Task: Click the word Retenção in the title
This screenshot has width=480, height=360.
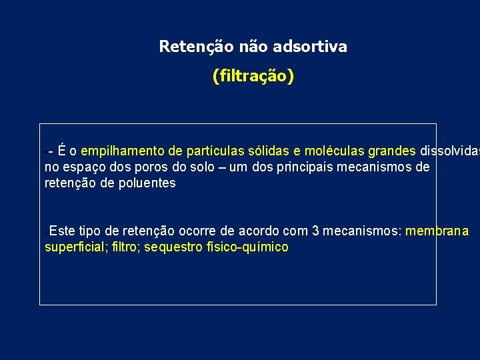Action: coord(187,47)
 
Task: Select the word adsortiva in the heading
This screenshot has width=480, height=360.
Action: coord(317,47)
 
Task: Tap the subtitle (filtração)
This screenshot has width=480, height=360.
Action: coord(253,77)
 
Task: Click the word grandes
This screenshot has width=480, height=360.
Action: coord(392,151)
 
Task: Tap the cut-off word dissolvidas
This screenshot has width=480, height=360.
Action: coord(449,151)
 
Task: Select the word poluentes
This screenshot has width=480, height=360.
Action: coord(147,183)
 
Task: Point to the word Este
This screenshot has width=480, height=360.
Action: coord(62,231)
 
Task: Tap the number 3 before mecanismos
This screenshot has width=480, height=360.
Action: coord(315,231)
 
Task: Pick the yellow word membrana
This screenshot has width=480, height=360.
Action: coord(437,231)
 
